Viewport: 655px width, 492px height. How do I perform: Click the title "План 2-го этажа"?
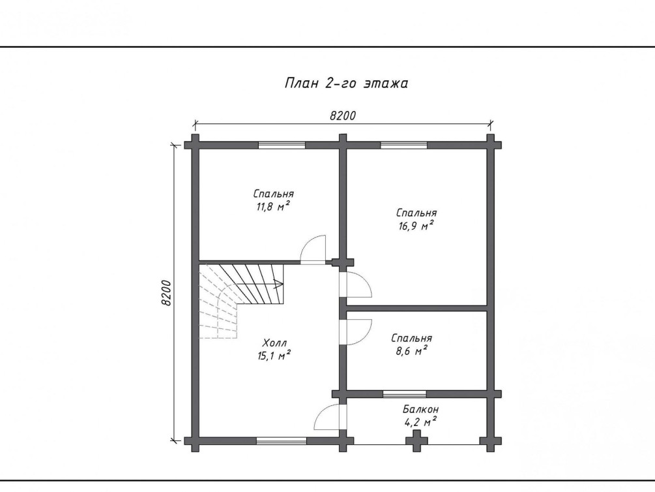tap(346, 84)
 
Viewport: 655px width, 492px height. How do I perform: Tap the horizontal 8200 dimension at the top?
tap(343, 115)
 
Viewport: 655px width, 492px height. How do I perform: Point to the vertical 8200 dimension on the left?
tap(166, 292)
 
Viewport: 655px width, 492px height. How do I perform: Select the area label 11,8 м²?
tap(273, 206)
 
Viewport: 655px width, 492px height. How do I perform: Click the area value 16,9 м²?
tap(416, 226)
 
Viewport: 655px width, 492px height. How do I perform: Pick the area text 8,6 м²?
tap(411, 350)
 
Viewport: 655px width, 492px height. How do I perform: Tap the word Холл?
tap(274, 343)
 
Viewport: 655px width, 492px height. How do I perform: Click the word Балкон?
tap(420, 408)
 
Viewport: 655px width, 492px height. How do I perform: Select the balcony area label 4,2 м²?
tap(420, 422)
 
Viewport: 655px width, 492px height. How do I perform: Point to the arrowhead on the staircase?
tap(279, 284)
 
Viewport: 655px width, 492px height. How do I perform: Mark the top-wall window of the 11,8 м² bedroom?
tap(282, 145)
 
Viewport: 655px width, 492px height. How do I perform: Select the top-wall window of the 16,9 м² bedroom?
tap(403, 145)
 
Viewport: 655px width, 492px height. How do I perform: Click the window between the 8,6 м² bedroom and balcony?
tap(404, 393)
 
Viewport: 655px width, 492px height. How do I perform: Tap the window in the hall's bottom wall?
tap(281, 440)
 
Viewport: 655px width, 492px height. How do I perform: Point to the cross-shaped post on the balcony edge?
tap(417, 440)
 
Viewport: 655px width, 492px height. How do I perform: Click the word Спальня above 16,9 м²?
tap(417, 213)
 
